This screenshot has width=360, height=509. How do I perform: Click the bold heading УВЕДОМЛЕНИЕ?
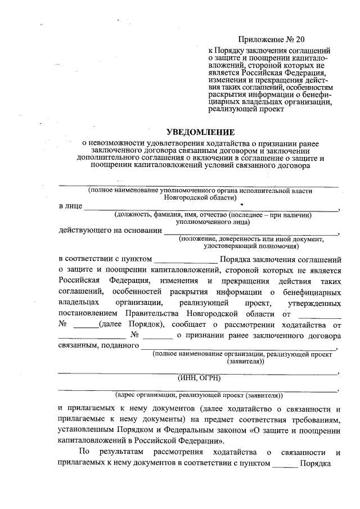(x=200, y=133)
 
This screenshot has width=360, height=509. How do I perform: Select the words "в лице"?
(x=70, y=206)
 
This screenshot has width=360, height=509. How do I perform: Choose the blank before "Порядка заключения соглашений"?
(x=185, y=260)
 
